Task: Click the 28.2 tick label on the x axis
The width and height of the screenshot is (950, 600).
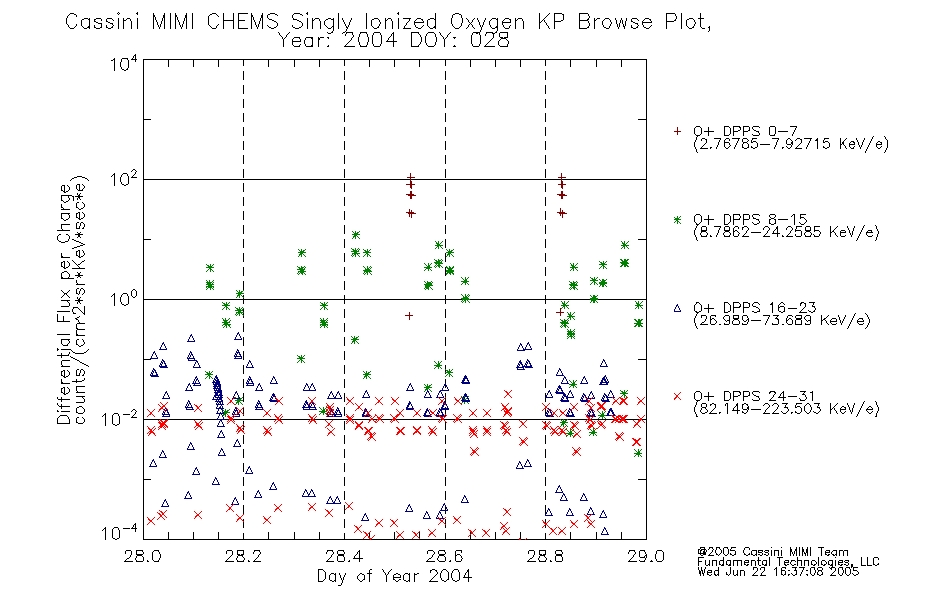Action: tap(243, 556)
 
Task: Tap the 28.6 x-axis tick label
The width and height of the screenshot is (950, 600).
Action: tap(445, 556)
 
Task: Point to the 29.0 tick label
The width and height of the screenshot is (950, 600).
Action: tap(646, 556)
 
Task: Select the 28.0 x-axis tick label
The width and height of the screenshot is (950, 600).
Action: tap(142, 556)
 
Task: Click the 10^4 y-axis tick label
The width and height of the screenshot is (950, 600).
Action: tap(124, 63)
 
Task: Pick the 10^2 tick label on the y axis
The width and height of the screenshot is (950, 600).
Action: tap(124, 179)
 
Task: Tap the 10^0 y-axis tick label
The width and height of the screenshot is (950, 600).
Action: tap(124, 299)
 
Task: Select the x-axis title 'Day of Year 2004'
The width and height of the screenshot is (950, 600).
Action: tap(394, 576)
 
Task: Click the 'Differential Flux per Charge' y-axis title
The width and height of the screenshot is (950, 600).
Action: tap(64, 304)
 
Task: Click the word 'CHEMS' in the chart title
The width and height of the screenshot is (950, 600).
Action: tap(242, 22)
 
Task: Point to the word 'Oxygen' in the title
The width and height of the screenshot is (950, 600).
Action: tap(487, 23)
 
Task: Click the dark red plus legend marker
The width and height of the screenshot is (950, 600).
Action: tap(677, 131)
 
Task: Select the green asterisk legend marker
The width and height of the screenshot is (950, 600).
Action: tap(677, 219)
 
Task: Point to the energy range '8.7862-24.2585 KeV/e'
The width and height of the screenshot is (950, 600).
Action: tap(786, 232)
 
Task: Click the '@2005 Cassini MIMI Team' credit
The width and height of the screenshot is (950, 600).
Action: tap(773, 552)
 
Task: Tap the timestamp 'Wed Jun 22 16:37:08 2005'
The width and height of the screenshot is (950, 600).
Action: tap(778, 571)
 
